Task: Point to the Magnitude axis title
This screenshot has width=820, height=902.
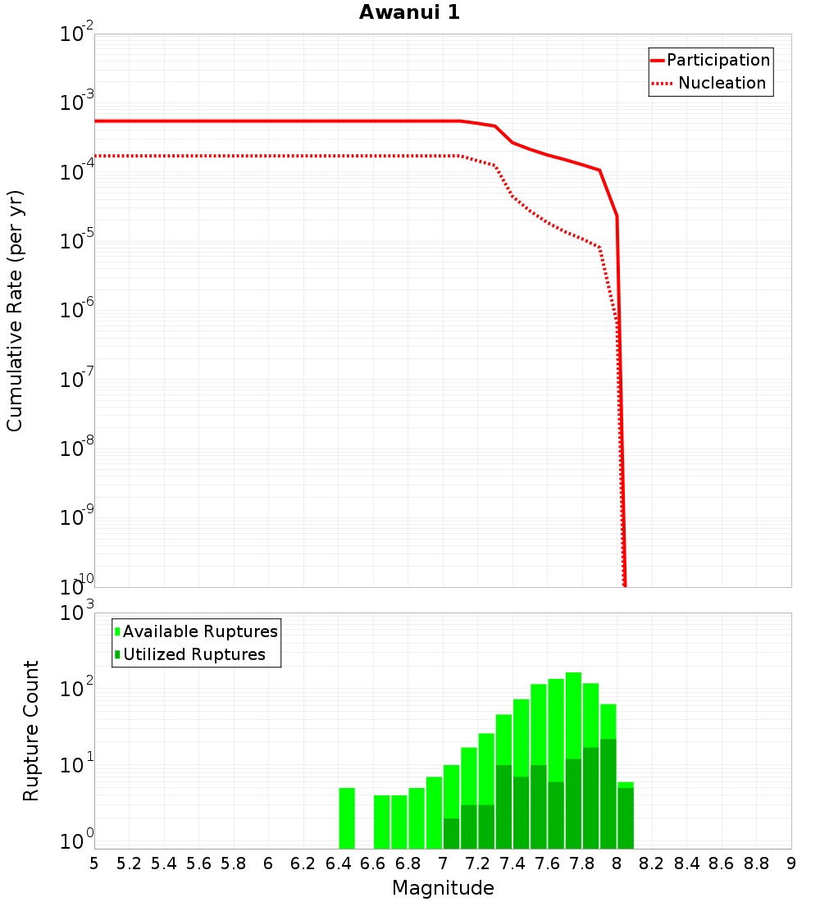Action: pyautogui.click(x=443, y=888)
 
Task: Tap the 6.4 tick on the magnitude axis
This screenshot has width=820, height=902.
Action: pyautogui.click(x=338, y=863)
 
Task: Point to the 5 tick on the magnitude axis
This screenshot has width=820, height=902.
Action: pyautogui.click(x=94, y=863)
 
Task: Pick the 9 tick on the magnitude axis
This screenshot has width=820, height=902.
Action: pyautogui.click(x=791, y=863)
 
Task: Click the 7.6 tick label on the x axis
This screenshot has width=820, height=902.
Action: pyautogui.click(x=547, y=863)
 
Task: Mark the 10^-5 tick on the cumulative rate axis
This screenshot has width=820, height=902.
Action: pyautogui.click(x=76, y=243)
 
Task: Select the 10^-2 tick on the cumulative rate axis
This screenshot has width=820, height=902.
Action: pyautogui.click(x=76, y=35)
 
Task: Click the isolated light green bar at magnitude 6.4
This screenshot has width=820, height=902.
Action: pyautogui.click(x=347, y=818)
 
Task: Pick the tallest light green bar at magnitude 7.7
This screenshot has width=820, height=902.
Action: pyautogui.click(x=573, y=713)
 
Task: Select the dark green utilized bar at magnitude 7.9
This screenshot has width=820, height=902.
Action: pyautogui.click(x=608, y=794)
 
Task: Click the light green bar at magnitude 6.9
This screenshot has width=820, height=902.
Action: pyautogui.click(x=434, y=813)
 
